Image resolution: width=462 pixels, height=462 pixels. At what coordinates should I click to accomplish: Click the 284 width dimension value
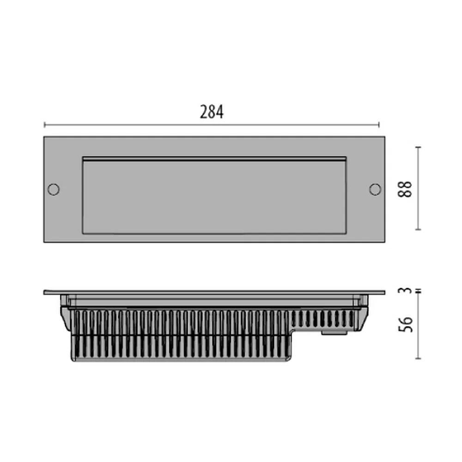212,112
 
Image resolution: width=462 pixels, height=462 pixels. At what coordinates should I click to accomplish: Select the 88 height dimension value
405,189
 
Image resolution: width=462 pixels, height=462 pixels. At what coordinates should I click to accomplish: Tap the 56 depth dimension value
406,324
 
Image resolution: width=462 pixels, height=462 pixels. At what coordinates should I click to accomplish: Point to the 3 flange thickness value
406,290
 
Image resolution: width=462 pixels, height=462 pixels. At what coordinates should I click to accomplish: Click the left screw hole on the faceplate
53,189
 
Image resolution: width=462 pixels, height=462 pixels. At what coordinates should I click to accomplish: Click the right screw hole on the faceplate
375,189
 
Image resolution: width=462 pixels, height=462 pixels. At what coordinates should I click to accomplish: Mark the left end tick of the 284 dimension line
44,125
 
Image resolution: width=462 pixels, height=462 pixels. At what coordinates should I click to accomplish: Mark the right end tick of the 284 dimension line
379,125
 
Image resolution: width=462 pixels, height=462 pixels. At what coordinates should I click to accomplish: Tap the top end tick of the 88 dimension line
418,147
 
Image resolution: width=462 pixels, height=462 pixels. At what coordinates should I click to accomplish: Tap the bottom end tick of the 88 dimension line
418,230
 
